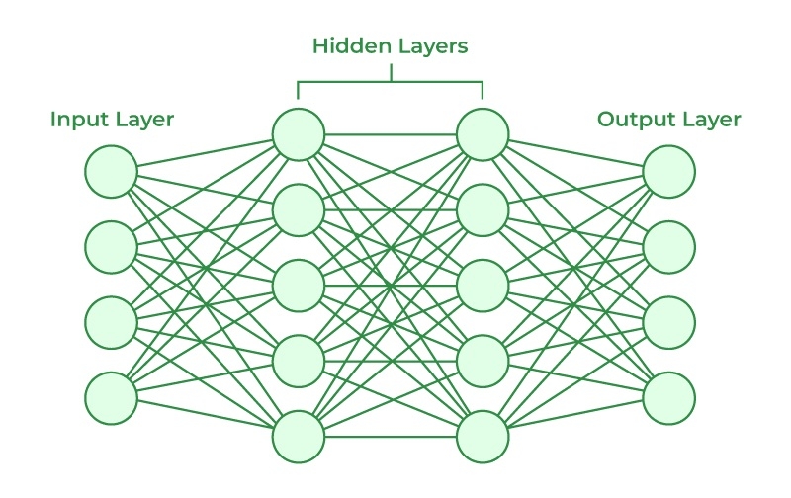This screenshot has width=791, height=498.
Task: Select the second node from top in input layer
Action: tap(111, 246)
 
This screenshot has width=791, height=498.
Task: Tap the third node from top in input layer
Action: tap(111, 322)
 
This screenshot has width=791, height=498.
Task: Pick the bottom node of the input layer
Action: tap(111, 398)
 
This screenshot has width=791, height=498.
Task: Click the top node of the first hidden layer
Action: tap(299, 133)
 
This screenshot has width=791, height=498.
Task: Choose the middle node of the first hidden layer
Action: tap(299, 285)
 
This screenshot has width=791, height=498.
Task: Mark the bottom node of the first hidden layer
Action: tap(299, 436)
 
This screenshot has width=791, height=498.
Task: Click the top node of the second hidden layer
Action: tap(483, 133)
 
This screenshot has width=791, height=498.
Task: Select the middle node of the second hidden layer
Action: tap(483, 285)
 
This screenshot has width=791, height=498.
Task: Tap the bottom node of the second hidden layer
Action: tap(483, 436)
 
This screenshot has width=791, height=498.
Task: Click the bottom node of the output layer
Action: tap(669, 398)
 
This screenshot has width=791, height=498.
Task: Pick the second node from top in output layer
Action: tap(669, 246)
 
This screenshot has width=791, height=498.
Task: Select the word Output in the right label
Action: tap(633, 121)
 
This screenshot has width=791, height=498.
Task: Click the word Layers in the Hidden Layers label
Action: tap(431, 46)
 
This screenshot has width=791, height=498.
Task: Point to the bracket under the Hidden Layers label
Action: tap(391, 82)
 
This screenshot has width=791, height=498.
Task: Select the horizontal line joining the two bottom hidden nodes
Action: tap(391, 436)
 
